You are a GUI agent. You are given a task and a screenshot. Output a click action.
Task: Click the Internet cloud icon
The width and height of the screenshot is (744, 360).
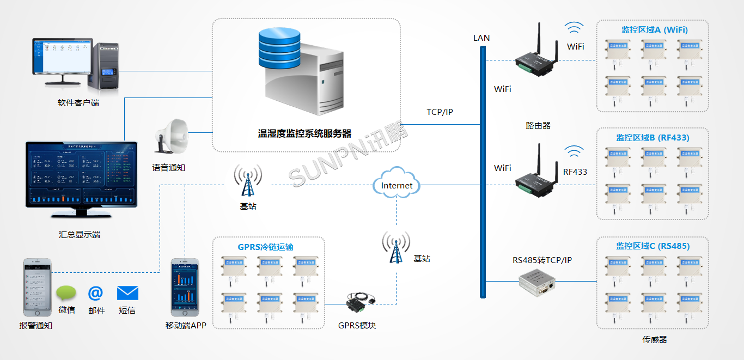[397, 185]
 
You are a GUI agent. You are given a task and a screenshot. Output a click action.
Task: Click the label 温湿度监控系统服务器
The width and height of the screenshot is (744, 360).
[304, 133]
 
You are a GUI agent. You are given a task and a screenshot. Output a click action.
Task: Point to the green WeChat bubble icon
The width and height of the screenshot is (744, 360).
[66, 294]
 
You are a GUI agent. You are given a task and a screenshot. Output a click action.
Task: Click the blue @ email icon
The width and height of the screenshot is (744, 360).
[96, 293]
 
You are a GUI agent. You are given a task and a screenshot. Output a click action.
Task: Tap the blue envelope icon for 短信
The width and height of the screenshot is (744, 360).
[127, 293]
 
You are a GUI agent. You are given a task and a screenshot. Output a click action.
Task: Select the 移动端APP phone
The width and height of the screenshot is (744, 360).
[185, 288]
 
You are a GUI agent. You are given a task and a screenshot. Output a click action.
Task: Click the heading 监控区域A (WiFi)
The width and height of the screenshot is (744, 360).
[654, 30]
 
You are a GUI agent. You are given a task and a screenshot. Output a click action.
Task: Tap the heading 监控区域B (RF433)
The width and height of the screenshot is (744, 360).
[652, 138]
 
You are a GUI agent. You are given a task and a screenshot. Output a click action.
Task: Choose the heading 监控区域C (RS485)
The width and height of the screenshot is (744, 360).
[652, 246]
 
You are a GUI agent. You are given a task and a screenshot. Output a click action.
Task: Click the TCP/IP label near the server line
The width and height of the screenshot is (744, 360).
[440, 112]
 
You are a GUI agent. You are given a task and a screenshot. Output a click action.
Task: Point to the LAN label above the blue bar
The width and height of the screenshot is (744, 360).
[481, 38]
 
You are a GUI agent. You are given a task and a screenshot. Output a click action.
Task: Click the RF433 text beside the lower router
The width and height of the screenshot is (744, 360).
[575, 172]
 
